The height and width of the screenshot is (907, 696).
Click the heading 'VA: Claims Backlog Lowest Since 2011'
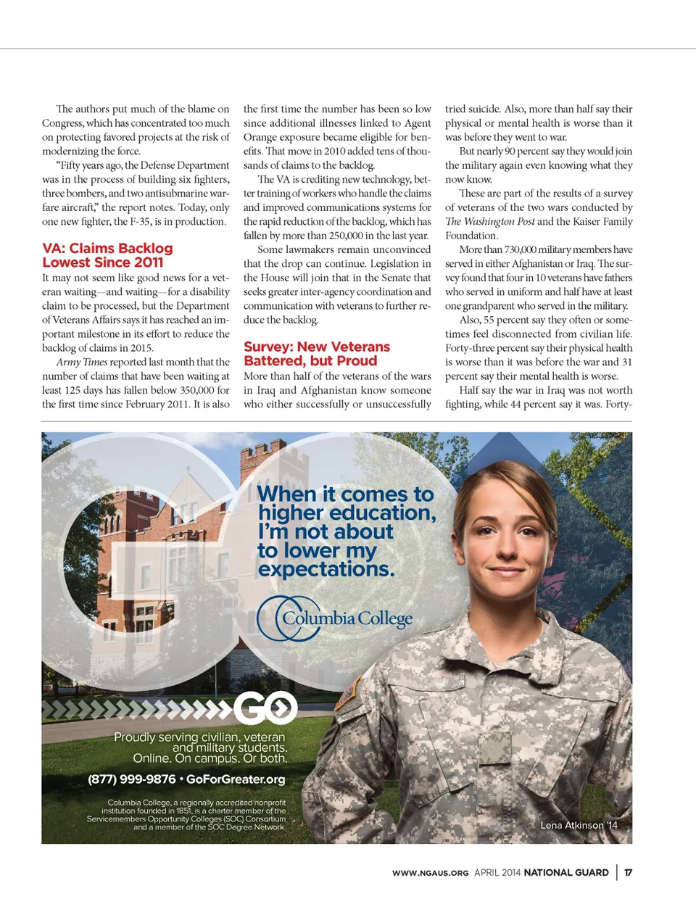[107, 255]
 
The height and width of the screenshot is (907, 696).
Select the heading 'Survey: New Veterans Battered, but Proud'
[317, 354]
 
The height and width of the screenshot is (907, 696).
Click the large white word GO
[265, 707]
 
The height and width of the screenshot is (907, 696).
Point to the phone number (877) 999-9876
[131, 779]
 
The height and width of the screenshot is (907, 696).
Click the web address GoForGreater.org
[236, 779]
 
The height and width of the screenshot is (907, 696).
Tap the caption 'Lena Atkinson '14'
[579, 825]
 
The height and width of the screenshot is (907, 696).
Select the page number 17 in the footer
[628, 872]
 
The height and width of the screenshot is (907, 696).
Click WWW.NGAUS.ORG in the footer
[430, 873]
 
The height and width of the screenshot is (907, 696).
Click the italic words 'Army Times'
[81, 362]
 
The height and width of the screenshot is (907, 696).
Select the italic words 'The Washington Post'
[489, 222]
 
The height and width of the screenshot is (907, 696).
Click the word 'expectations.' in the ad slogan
[326, 570]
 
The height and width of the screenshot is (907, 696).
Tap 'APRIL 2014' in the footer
[497, 873]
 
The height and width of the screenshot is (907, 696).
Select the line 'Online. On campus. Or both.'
[210, 758]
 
